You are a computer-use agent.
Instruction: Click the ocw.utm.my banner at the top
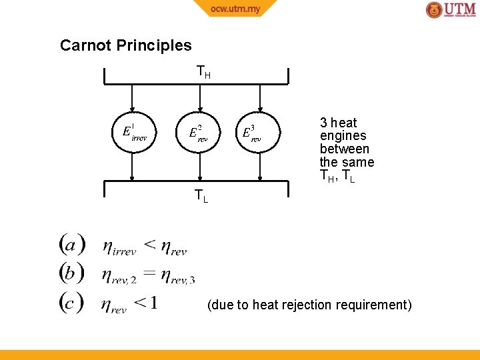point(235,9)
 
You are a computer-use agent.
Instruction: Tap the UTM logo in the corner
point(451,10)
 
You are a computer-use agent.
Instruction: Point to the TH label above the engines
point(203,71)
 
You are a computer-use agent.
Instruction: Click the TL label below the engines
point(201,196)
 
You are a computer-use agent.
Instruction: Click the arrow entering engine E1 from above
point(133,97)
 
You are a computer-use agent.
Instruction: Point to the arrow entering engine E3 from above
point(260,97)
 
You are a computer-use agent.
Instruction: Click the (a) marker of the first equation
point(71,245)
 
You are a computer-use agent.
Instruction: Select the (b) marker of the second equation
point(71,273)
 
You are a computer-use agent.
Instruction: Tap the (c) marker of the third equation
point(71,303)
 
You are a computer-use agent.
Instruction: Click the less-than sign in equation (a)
point(151,245)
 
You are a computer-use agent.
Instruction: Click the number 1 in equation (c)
point(154,303)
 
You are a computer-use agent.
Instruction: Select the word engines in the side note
point(343,136)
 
